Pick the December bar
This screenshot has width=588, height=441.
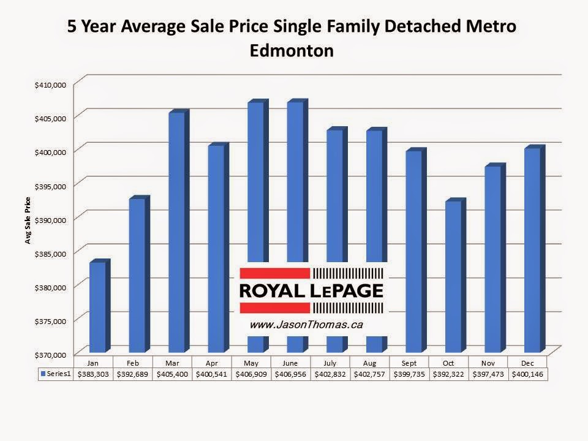[532, 251]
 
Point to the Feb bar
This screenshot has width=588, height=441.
[137, 276]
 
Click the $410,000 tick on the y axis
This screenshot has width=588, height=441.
[51, 85]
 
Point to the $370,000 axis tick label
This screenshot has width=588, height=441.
[51, 355]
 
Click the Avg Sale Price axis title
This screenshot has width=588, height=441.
[28, 221]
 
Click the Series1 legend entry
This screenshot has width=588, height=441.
[56, 373]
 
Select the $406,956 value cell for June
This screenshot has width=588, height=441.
[291, 373]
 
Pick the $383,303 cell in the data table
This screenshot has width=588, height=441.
[93, 373]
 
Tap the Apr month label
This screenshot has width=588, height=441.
[212, 363]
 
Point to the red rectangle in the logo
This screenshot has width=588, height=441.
[274, 274]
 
